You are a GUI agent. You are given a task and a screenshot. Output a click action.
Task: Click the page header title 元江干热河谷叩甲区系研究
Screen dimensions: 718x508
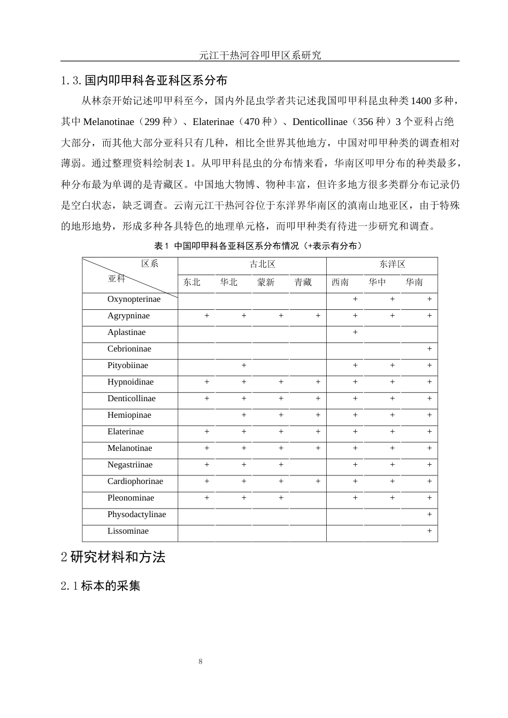[x=260, y=54]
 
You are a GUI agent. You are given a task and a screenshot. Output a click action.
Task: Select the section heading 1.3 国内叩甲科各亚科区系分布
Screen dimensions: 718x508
[x=144, y=80]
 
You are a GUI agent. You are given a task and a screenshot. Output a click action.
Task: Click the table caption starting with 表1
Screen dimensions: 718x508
[x=258, y=246]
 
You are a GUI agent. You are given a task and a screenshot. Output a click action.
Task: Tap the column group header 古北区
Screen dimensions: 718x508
[x=262, y=264]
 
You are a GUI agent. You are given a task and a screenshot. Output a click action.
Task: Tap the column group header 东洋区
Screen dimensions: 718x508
[x=392, y=264]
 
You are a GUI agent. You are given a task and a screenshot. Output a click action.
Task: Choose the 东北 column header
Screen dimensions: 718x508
[x=191, y=282]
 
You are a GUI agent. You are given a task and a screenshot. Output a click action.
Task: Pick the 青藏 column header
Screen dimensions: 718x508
[x=303, y=282]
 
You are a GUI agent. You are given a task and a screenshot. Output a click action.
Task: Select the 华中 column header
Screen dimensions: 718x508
[x=377, y=282]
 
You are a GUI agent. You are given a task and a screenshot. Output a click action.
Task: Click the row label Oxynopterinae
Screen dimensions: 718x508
[x=134, y=299]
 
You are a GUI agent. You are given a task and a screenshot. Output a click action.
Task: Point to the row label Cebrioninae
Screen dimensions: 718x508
[x=129, y=349]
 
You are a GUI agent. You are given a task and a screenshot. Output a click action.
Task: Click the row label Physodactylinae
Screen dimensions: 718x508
[x=136, y=514]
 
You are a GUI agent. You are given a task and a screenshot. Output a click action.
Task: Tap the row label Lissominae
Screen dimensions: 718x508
[x=128, y=531]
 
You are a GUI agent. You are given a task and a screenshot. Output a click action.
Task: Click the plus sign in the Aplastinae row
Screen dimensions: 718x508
[x=355, y=332]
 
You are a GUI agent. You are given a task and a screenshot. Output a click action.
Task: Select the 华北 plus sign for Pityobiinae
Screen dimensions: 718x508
[x=244, y=365]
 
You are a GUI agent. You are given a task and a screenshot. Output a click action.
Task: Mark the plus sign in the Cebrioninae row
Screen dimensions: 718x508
[x=429, y=349]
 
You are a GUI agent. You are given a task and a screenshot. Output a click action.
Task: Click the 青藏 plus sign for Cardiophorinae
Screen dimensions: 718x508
[x=318, y=481]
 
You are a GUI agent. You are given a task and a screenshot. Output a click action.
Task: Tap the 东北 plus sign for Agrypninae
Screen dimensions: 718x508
[x=207, y=316]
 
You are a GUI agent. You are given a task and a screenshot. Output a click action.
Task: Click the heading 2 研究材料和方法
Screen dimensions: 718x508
[x=113, y=557]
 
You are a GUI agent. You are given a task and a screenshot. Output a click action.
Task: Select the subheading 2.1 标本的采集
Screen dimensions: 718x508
[x=101, y=586]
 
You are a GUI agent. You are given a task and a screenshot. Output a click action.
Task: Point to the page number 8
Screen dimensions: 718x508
[x=201, y=662]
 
